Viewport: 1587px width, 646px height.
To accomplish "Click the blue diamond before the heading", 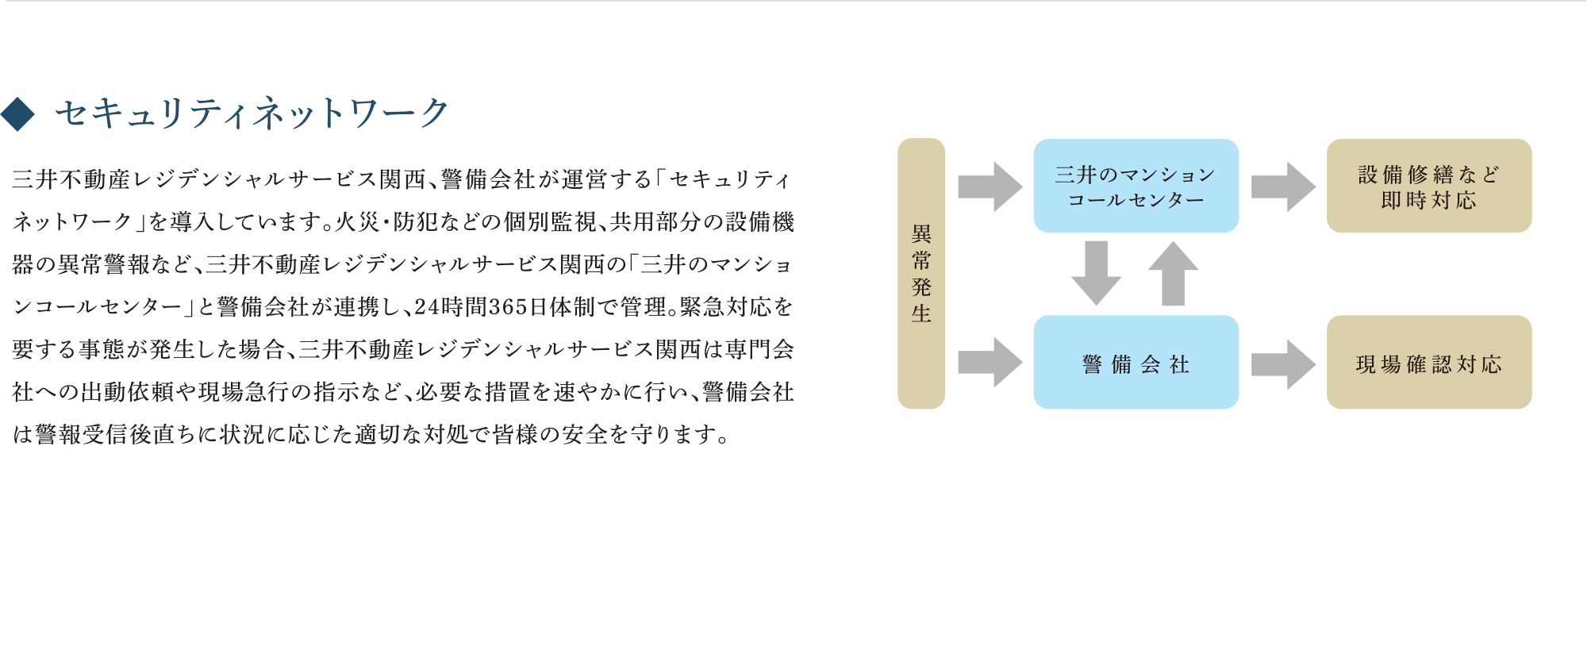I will [x=17, y=113].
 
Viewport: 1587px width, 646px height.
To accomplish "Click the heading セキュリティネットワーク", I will [x=252, y=113].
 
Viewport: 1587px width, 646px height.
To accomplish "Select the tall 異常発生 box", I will [x=920, y=273].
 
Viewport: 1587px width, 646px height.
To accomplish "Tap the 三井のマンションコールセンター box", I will [x=1135, y=186].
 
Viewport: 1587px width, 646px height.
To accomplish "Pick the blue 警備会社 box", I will [x=1135, y=363].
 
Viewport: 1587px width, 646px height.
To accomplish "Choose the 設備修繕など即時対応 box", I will [x=1428, y=186].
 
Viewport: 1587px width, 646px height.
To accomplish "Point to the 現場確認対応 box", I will [x=1428, y=363].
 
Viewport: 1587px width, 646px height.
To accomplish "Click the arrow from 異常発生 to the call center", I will [x=989, y=187].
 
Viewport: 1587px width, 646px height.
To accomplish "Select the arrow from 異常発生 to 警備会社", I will [x=989, y=363].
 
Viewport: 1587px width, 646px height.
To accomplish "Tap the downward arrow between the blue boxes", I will [x=1096, y=272].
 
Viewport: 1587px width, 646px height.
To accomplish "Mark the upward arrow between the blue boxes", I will [x=1173, y=272].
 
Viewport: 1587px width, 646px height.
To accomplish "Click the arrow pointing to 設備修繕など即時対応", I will [x=1282, y=187].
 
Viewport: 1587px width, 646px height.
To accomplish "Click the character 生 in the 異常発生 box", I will [x=920, y=313].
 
